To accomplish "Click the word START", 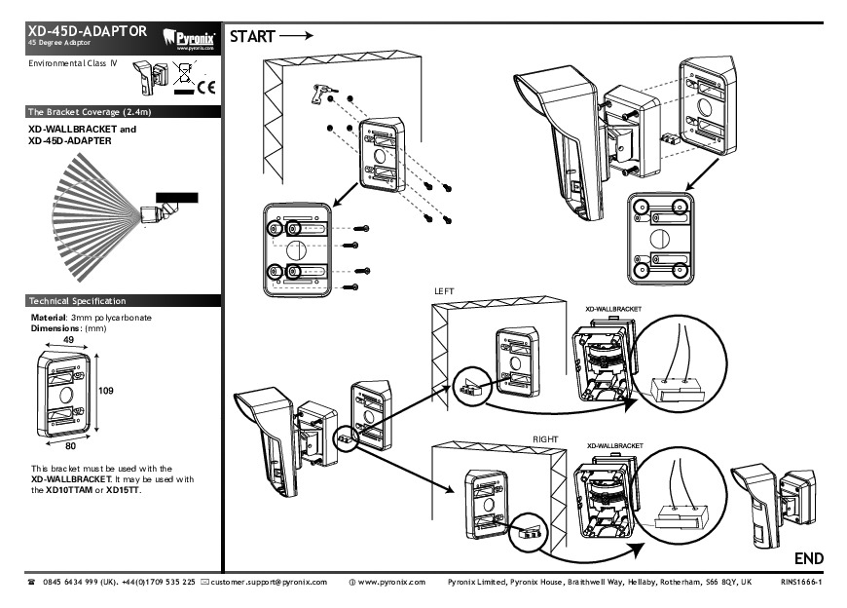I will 252,37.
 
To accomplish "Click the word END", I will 809,558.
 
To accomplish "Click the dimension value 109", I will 107,389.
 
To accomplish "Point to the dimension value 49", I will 68,339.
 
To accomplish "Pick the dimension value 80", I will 70,446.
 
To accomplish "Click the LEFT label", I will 445,291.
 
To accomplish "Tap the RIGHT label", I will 545,439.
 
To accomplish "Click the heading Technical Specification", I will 77,301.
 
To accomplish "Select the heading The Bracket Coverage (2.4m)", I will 89,112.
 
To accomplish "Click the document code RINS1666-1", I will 801,583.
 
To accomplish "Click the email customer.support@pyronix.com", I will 269,583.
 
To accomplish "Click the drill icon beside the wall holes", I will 318,94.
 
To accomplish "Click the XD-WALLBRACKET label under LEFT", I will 613,308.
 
